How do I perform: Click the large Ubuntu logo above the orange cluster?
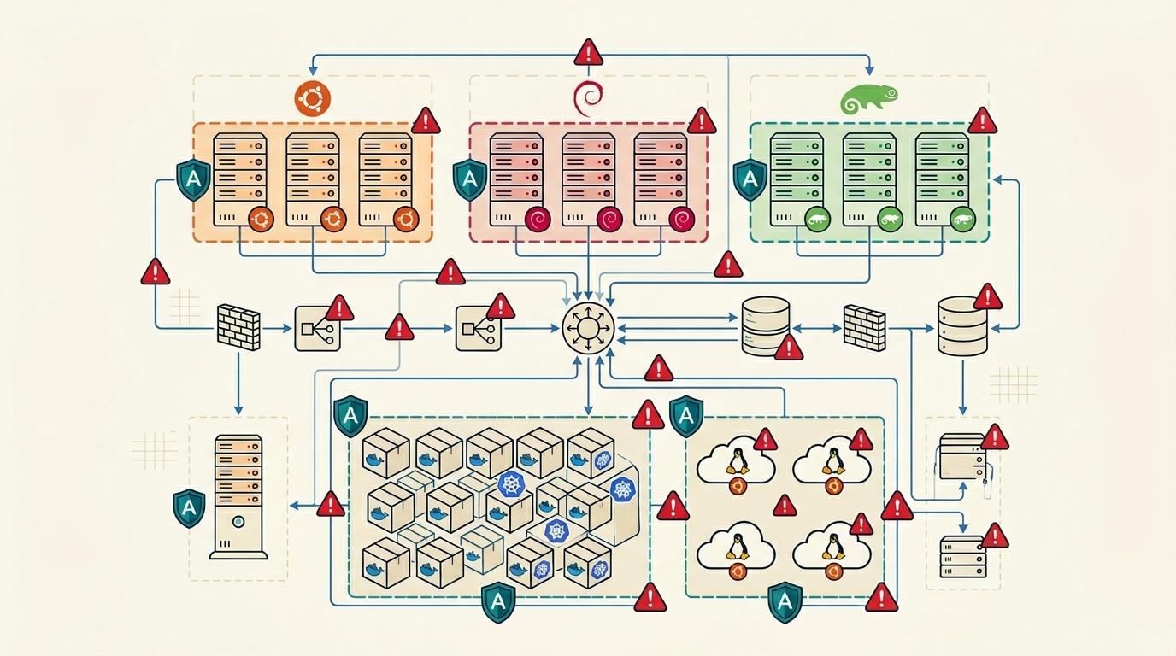(x=312, y=99)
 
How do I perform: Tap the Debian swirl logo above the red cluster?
(x=589, y=99)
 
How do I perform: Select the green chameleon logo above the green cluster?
(x=868, y=99)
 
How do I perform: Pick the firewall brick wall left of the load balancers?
(x=238, y=326)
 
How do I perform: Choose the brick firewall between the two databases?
(x=864, y=326)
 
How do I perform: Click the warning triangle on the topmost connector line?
(x=589, y=53)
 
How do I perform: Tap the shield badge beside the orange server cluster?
(x=193, y=179)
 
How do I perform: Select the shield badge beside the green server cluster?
(x=750, y=179)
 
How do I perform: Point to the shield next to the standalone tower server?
(x=189, y=507)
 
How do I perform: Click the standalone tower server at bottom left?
(x=238, y=495)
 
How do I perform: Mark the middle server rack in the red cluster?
(x=589, y=179)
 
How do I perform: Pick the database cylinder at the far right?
(x=962, y=326)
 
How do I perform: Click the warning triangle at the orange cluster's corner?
(x=426, y=121)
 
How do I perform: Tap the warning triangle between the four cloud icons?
(x=784, y=507)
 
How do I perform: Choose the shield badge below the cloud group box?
(x=785, y=601)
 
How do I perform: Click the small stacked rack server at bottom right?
(x=962, y=557)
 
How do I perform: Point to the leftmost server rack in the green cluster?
(x=797, y=179)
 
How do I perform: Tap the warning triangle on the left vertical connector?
(x=156, y=272)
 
